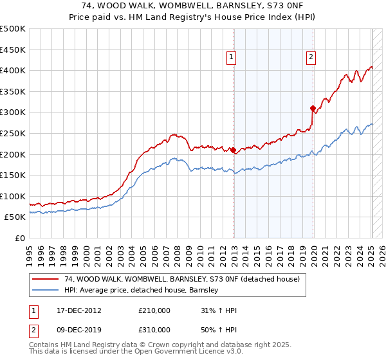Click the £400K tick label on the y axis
[x=13, y=71]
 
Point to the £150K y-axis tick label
[x=13, y=175]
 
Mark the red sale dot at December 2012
[x=234, y=150]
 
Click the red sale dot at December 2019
[x=313, y=108]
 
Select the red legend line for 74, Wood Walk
[x=45, y=280]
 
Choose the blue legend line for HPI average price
[x=45, y=291]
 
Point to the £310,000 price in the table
[x=154, y=330]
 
